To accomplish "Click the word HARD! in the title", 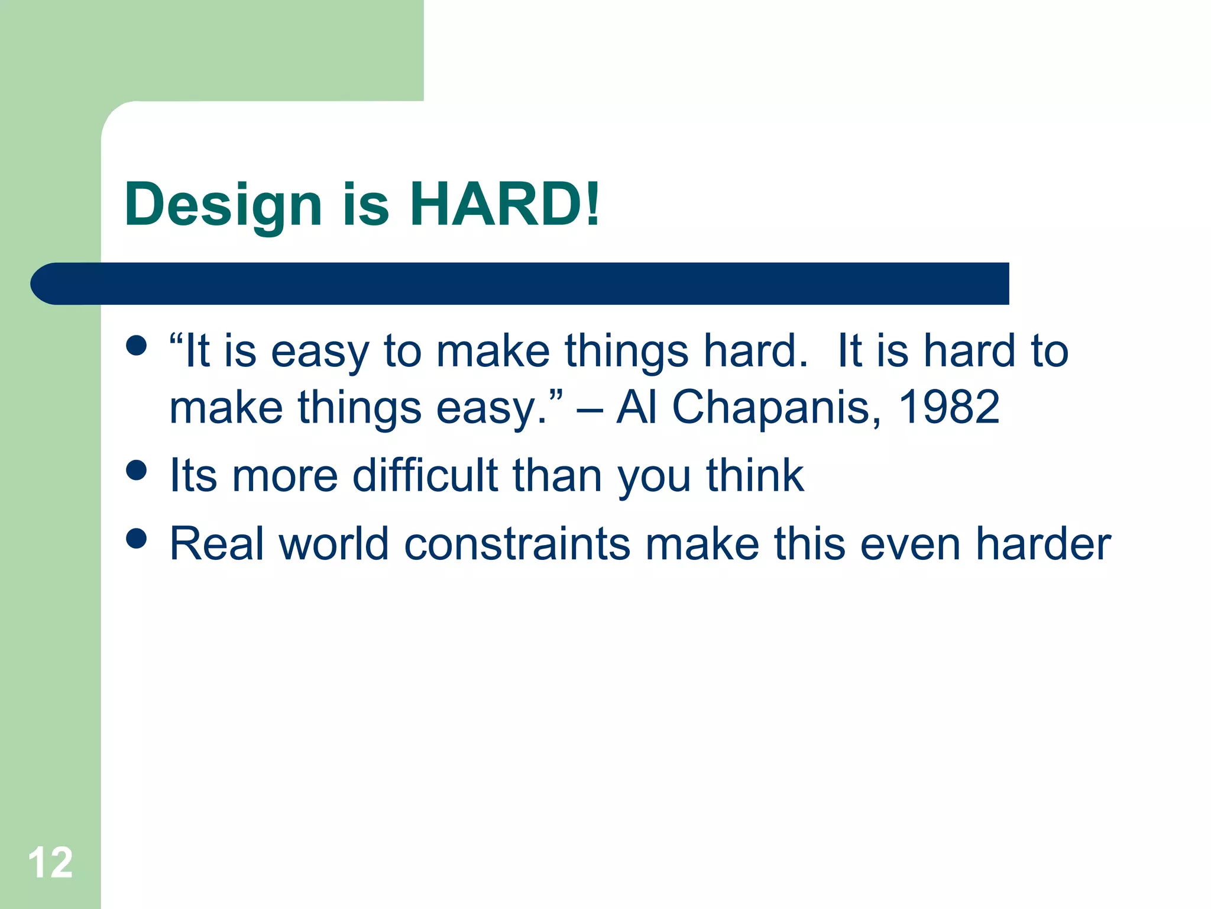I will point(505,204).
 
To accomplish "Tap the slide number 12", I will point(50,863).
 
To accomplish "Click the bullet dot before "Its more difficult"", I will point(137,470).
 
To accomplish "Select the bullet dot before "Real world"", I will point(137,539).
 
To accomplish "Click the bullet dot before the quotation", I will point(137,346).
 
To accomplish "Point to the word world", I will point(333,544).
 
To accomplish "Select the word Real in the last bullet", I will point(216,544).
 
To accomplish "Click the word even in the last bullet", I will point(910,544).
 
